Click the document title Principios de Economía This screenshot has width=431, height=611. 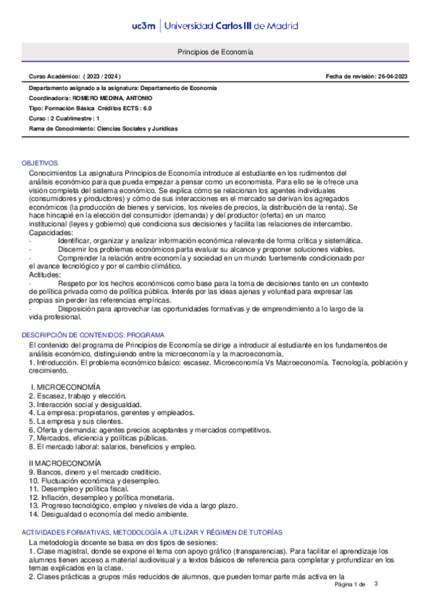pos(215,53)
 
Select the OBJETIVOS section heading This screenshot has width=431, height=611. pos(40,164)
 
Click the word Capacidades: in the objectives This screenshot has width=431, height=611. pos(50,233)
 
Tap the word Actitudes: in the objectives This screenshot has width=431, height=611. pos(45,275)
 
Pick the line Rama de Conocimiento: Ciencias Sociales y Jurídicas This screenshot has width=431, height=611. pos(103,128)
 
